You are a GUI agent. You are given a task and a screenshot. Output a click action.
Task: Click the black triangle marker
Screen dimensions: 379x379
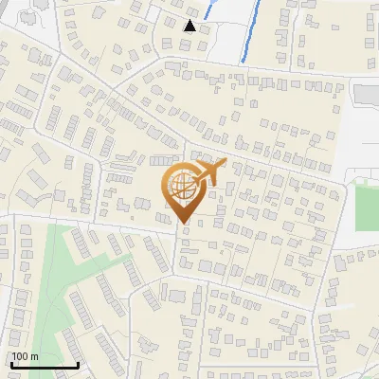190,26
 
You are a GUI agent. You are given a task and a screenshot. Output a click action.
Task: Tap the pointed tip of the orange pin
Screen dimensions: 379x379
184,224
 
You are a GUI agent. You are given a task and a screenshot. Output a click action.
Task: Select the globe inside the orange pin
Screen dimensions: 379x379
182,186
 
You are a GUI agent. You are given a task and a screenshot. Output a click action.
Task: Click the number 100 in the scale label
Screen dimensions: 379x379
21,356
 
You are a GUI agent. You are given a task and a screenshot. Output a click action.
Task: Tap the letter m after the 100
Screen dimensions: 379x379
35,356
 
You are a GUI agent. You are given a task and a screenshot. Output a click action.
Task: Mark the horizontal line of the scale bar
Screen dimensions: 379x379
44,365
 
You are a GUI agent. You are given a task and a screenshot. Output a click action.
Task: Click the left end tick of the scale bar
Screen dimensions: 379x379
10,362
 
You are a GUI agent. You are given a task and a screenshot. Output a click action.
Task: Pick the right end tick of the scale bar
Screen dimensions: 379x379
78,362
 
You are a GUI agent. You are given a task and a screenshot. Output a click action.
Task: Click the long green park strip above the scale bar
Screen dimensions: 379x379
57,275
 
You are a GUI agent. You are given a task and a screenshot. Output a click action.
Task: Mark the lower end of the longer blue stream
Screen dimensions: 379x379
244,61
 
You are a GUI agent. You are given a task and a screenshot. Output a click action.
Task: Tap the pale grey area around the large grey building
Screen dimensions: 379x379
360,133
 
